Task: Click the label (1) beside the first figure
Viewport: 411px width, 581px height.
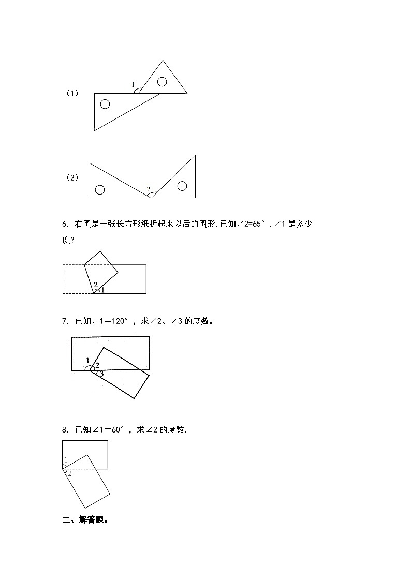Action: (72, 94)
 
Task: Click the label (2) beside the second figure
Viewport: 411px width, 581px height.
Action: (72, 177)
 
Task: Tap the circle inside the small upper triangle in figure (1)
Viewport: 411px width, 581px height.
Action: (162, 81)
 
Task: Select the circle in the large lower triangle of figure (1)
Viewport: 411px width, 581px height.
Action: (105, 104)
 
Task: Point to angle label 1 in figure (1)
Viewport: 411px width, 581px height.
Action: (133, 85)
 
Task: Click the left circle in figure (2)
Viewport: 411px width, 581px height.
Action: (100, 189)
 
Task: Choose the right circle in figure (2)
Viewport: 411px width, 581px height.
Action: (182, 186)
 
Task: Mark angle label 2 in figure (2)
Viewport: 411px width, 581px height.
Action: (149, 190)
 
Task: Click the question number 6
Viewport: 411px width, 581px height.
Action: (65, 224)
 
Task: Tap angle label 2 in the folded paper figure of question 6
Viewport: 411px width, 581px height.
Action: (95, 284)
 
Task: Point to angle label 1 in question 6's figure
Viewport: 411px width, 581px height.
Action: (102, 290)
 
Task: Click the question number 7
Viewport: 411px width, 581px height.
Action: (65, 321)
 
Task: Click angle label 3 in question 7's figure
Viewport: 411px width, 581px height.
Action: (101, 373)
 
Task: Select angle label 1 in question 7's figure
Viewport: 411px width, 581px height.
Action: (87, 361)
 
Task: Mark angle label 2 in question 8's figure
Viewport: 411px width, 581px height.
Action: (70, 473)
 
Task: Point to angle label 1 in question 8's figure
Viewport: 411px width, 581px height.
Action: (66, 460)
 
